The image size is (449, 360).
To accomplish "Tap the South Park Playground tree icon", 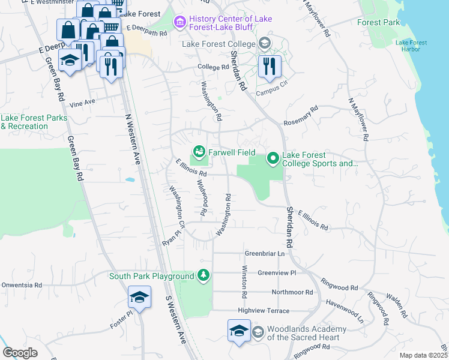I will [204, 275].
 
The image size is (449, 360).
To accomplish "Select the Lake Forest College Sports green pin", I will [273, 158].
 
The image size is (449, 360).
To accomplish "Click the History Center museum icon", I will [179, 23].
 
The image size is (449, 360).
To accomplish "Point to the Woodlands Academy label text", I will [306, 333].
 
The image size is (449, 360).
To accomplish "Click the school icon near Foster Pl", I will [139, 298].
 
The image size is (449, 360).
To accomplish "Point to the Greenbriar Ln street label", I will [265, 254].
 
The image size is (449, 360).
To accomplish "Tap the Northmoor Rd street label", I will [292, 292].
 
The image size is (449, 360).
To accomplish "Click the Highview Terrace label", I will [264, 311].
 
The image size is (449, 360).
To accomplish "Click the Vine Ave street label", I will [82, 103].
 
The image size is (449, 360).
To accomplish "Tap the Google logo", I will [20, 352].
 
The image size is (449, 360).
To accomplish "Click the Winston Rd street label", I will [244, 282].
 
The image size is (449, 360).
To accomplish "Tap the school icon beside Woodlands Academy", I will [239, 331].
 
